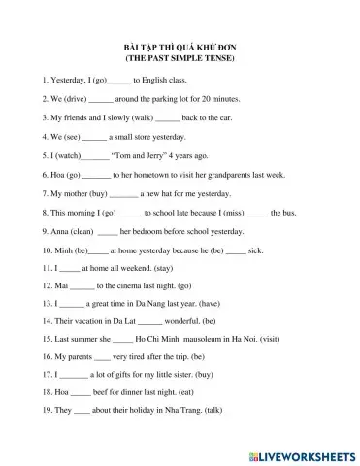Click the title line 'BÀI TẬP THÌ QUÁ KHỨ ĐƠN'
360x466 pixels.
[180, 47]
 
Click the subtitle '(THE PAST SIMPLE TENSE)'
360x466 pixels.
[180, 58]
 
